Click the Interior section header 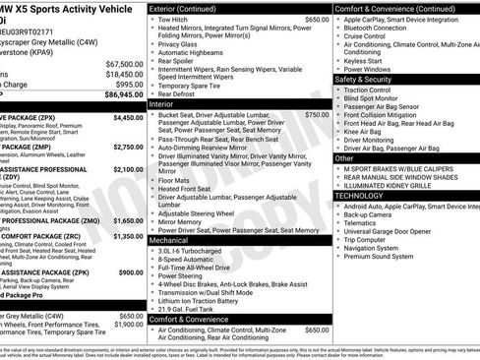[x=164, y=103]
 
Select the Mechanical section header [x=169, y=239]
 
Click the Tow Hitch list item [x=172, y=20]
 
